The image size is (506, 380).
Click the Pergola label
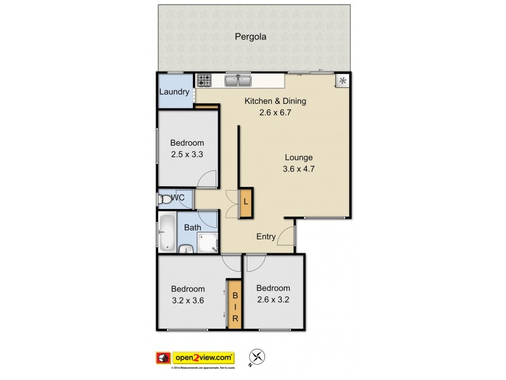250,37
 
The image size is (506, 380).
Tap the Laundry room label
174,92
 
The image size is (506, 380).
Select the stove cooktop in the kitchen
204,80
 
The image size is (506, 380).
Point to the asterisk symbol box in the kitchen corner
343,81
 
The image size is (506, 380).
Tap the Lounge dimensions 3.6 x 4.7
299,168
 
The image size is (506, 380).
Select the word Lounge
299,158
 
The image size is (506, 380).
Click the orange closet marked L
245,203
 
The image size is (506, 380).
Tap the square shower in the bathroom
207,242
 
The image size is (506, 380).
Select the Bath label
193,227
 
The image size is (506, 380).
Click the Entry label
266,237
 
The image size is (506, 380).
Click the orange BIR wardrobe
235,305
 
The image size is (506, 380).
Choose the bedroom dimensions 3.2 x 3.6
187,300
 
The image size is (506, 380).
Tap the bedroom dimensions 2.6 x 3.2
273,298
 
